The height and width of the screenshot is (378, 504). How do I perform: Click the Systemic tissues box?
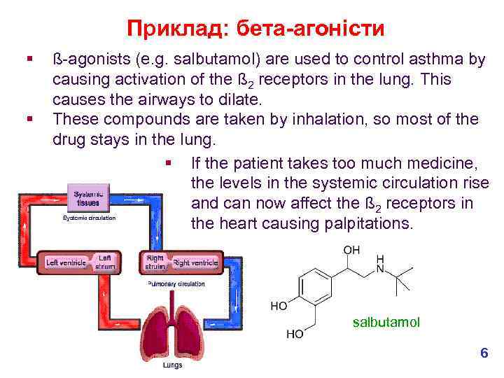88,198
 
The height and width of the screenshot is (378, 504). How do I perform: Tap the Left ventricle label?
65,262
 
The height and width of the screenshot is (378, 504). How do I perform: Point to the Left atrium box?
106,261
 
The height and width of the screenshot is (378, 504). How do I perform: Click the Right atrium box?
155,262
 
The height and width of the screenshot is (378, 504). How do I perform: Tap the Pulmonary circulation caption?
176,284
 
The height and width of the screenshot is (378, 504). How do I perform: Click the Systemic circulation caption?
90,218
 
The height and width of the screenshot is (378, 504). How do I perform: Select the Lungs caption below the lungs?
172,365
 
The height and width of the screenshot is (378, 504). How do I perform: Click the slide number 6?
484,353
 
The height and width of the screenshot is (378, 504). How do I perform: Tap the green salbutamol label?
386,322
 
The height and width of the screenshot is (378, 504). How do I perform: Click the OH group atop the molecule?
351,250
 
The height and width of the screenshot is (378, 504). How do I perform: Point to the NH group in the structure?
381,263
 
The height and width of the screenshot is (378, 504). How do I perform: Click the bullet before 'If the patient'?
168,164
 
